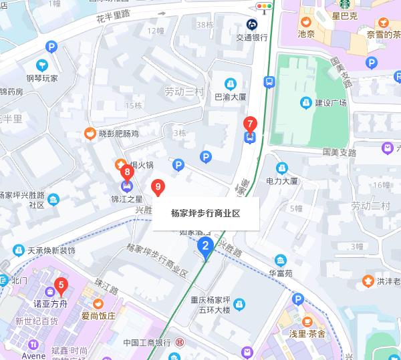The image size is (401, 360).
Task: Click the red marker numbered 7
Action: point(250,124)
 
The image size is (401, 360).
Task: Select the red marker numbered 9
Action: point(158,187)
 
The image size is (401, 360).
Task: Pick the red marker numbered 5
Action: point(61,287)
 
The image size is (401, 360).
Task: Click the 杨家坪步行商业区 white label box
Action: point(205,214)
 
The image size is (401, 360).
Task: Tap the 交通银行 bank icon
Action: point(252,25)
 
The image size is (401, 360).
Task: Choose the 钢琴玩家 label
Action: point(43,77)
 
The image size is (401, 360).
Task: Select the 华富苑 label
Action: point(282,273)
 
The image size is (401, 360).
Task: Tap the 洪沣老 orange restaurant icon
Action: point(368,281)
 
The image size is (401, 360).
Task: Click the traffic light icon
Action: point(267,7)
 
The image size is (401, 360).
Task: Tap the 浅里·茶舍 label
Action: point(307,333)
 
